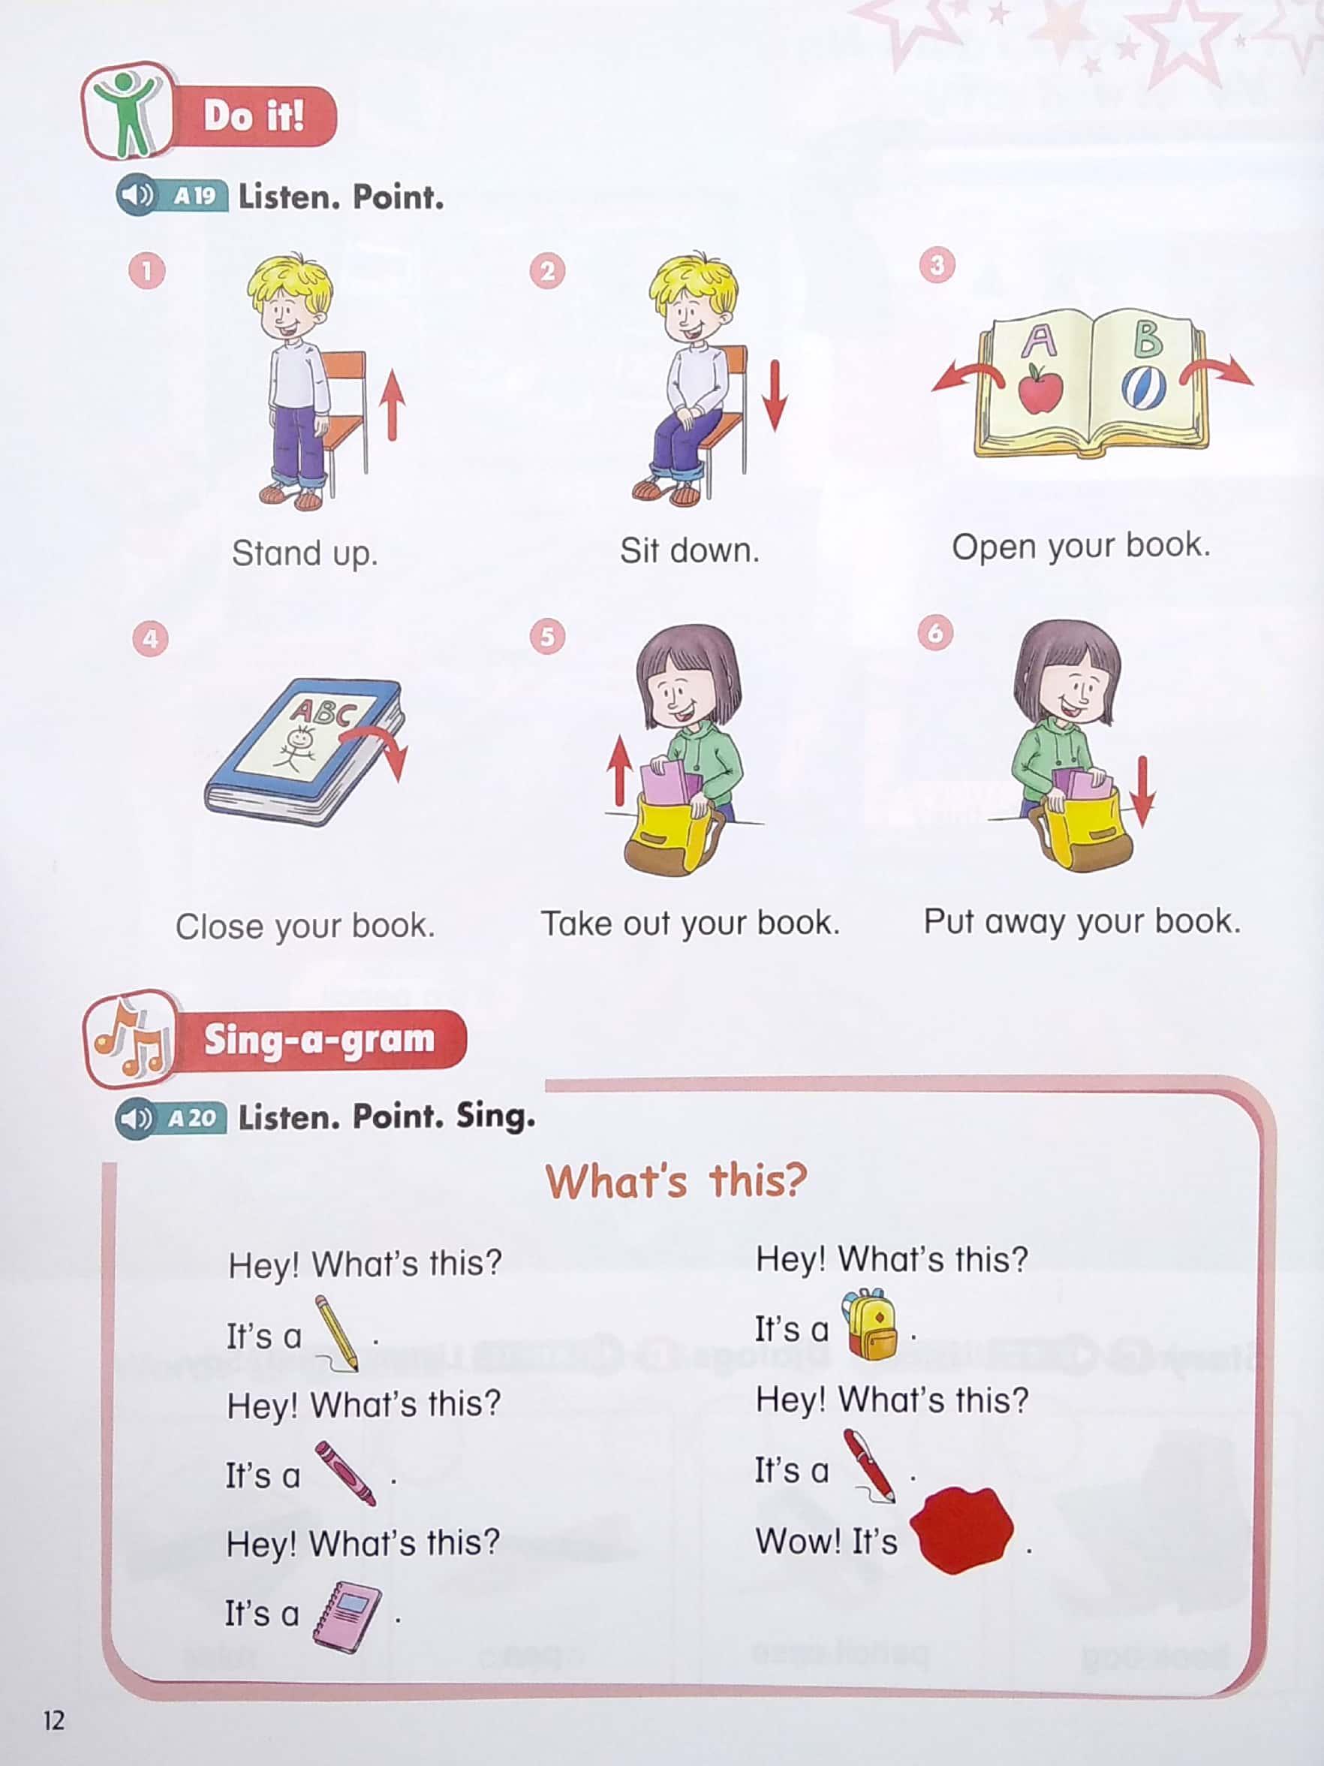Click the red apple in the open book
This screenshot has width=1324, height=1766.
pyautogui.click(x=1040, y=390)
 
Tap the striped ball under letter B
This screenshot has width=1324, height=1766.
pyautogui.click(x=1143, y=388)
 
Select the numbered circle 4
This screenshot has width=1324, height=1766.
pyautogui.click(x=150, y=638)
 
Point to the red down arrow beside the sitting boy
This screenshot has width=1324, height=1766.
pyautogui.click(x=774, y=396)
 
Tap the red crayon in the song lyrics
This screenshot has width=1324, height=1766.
pyautogui.click(x=345, y=1474)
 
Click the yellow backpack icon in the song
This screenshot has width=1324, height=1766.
pyautogui.click(x=871, y=1324)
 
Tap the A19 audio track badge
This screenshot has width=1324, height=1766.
pyautogui.click(x=194, y=196)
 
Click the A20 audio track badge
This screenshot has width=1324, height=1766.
pyautogui.click(x=191, y=1118)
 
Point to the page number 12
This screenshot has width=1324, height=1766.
pyautogui.click(x=53, y=1719)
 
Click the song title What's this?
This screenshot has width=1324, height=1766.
pyautogui.click(x=676, y=1181)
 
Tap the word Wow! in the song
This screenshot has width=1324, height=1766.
pyautogui.click(x=798, y=1541)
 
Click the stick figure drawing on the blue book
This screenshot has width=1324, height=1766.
pyautogui.click(x=299, y=746)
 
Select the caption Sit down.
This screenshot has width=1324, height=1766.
pyautogui.click(x=690, y=551)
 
